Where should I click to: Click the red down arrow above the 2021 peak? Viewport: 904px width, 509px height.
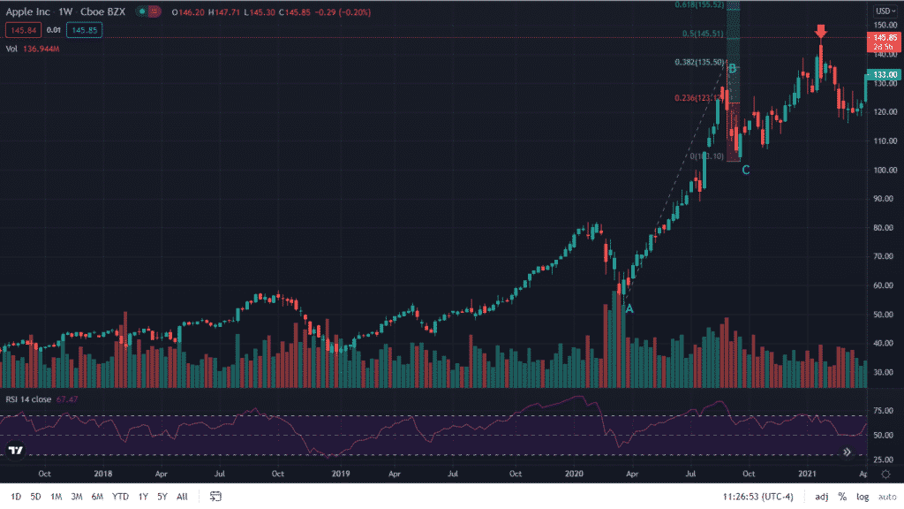pos(821,32)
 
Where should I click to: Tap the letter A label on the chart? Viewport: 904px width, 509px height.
pos(629,308)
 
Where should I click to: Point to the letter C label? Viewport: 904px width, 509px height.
pos(746,170)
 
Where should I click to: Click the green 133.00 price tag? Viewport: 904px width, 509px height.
pos(885,75)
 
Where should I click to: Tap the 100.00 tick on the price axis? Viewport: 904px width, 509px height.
pos(885,170)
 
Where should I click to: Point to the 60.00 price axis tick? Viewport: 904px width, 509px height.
pos(885,285)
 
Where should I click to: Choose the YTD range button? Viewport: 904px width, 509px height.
pos(120,497)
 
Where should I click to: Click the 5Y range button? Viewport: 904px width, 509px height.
pos(162,497)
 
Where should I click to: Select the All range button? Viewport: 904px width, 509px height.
pos(182,497)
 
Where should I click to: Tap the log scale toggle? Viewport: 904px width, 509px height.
pos(862,497)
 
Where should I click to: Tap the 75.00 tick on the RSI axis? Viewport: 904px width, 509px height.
pos(883,410)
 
